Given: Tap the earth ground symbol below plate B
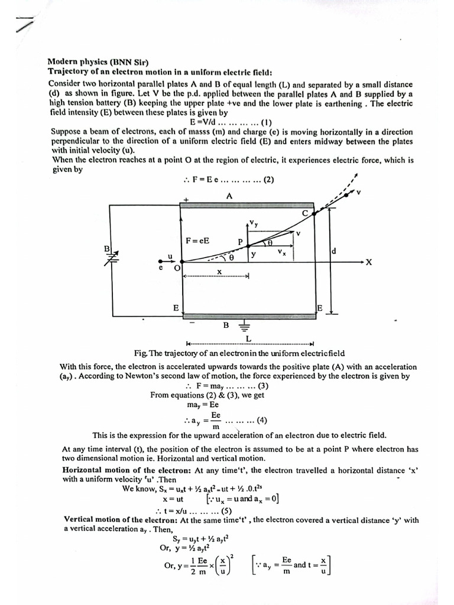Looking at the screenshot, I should pos(244,326).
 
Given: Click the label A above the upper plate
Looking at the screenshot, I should pos(229,196).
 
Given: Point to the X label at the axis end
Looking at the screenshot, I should pos(368,263).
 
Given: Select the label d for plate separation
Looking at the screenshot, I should pos(333,251).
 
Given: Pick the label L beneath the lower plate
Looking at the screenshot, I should pos(248,338).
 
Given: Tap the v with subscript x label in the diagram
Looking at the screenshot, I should pos(282,252).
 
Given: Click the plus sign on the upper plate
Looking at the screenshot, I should pos(186,200).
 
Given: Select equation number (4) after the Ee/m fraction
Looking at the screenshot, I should pos(261,421).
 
